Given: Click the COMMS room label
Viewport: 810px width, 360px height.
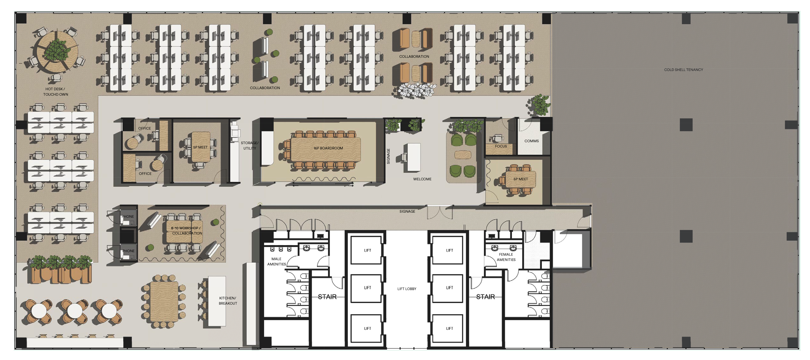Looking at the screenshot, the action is coord(531,141).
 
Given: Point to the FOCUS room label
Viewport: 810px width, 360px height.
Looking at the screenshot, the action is coord(501,146).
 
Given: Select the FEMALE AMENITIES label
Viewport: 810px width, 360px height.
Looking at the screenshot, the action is coord(506,257).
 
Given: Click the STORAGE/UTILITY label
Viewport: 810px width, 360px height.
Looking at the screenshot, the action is coord(250,146).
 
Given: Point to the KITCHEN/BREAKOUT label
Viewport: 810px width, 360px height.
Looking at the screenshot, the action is coord(228,301).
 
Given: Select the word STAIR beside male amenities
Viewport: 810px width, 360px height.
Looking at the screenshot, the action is coord(327,296).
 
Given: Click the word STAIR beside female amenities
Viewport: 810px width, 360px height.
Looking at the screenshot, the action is coord(486,296).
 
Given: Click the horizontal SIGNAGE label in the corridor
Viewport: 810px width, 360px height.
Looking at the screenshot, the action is coord(407,211).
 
